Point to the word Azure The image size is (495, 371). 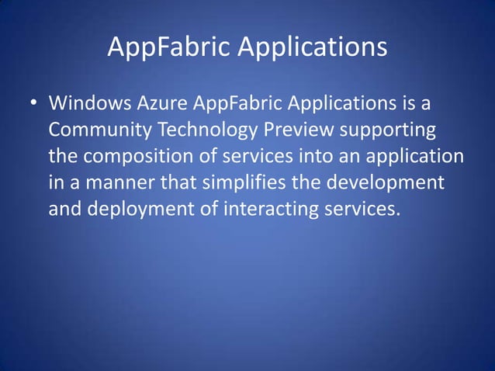tap(160, 102)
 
